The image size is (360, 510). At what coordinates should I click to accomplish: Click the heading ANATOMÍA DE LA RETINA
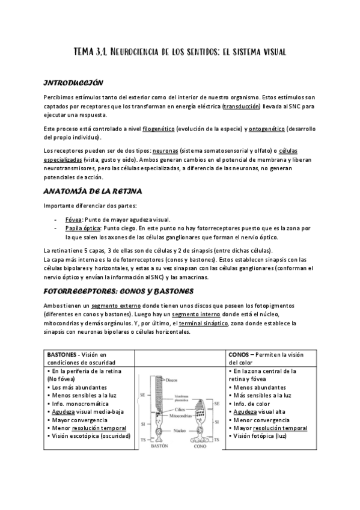[93, 192]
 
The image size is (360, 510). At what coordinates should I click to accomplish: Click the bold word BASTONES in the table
[63, 355]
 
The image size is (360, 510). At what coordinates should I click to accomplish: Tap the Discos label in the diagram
[172, 380]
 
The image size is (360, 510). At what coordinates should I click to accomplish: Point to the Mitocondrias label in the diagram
[180, 415]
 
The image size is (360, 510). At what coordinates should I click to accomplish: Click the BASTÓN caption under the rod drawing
[158, 447]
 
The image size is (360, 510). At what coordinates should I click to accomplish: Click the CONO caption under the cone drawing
[199, 447]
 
